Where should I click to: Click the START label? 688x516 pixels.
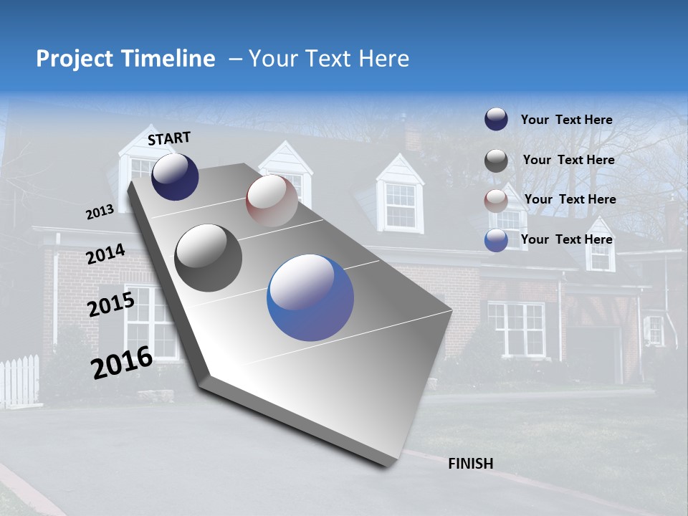pyautogui.click(x=169, y=138)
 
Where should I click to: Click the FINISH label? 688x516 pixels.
pyautogui.click(x=470, y=464)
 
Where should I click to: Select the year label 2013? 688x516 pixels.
pyautogui.click(x=100, y=212)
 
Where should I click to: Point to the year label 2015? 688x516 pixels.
pyautogui.click(x=111, y=305)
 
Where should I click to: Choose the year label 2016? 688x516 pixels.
pyautogui.click(x=122, y=362)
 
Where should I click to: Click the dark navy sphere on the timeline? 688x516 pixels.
pyautogui.click(x=175, y=176)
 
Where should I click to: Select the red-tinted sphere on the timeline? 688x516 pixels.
pyautogui.click(x=272, y=201)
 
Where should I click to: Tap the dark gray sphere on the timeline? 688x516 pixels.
pyautogui.click(x=209, y=257)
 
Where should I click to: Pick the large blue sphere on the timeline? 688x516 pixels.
pyautogui.click(x=310, y=297)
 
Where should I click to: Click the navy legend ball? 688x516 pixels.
pyautogui.click(x=496, y=120)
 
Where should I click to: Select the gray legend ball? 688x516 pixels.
pyautogui.click(x=496, y=161)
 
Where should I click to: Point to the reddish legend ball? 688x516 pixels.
pyautogui.click(x=496, y=201)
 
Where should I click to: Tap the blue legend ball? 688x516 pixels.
pyautogui.click(x=496, y=241)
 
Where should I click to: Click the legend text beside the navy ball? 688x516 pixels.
pyautogui.click(x=566, y=120)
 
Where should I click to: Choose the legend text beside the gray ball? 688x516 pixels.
pyautogui.click(x=568, y=160)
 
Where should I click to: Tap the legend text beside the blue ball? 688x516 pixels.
pyautogui.click(x=566, y=239)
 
